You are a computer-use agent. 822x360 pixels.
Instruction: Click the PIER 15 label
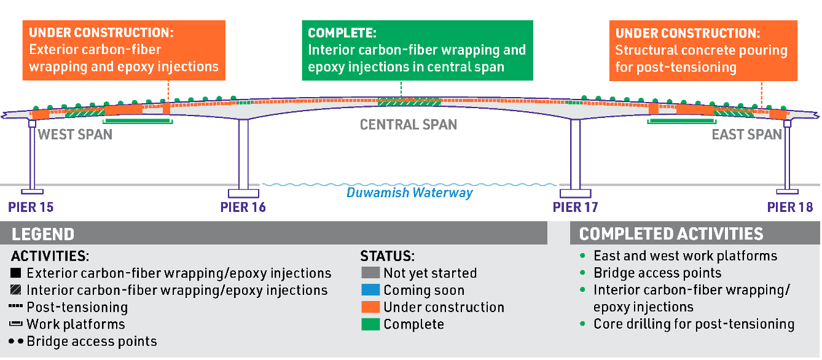tap(31, 207)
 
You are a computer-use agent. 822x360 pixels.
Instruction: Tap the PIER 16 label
tap(243, 207)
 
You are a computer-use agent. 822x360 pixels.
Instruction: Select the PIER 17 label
tap(575, 207)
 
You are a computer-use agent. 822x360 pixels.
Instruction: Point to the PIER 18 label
tap(790, 207)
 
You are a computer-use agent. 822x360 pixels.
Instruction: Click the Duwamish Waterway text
tap(410, 193)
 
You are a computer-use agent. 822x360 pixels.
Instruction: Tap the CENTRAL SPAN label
tap(409, 125)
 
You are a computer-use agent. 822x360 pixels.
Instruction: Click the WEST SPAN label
tap(75, 134)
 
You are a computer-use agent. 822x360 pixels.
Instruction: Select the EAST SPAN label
tap(746, 134)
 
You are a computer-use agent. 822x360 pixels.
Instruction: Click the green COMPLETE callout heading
tap(342, 33)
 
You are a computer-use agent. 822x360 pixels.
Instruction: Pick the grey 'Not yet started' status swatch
tap(370, 273)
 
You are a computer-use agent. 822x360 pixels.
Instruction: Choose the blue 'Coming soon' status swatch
tap(370, 290)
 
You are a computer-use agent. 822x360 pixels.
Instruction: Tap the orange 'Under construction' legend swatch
tap(370, 307)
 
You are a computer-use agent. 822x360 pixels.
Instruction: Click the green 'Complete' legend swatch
tap(370, 324)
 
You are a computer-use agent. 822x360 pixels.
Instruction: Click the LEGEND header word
tap(43, 234)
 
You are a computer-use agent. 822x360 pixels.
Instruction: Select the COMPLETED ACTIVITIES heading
tap(671, 234)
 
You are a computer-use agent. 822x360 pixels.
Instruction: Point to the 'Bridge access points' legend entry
tap(92, 342)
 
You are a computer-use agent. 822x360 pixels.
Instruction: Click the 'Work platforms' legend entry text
tap(76, 324)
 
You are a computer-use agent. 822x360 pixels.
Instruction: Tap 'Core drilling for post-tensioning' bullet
tap(694, 324)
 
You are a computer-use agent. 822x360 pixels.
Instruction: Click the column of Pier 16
tap(244, 154)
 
